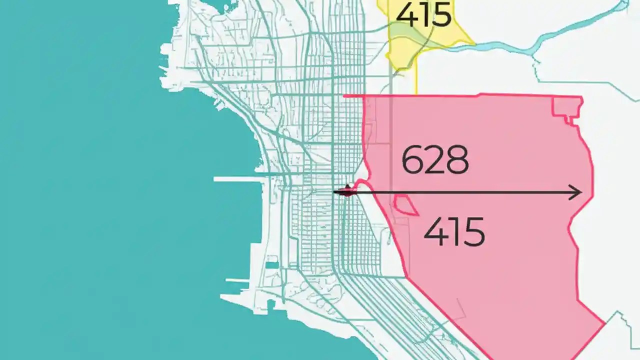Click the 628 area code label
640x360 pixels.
pos(435,160)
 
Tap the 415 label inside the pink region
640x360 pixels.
pos(454,232)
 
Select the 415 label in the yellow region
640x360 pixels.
pos(423,15)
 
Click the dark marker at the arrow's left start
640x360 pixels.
pos(347,190)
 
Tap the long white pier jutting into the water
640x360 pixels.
pos(240,178)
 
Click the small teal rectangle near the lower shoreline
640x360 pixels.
pos(272,265)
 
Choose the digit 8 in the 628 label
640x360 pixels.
pos(457,160)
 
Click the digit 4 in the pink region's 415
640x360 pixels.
pos(434,232)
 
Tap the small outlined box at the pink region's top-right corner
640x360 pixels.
pos(567,108)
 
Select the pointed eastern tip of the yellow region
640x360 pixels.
pos(472,42)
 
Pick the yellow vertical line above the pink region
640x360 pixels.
pos(416,80)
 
